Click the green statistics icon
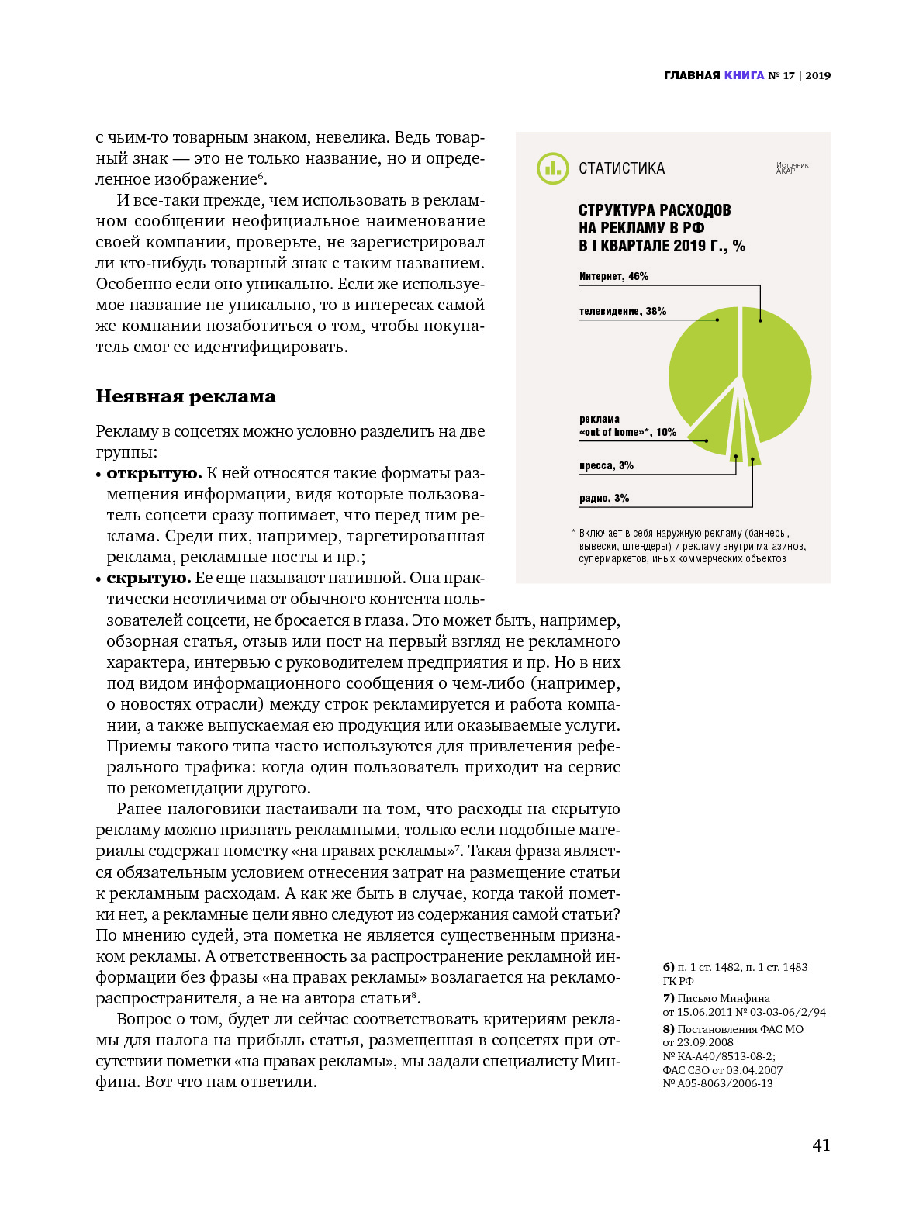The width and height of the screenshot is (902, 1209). [553, 168]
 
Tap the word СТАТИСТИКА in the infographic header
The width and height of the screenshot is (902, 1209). [621, 169]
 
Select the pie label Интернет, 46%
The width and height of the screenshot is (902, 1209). [613, 277]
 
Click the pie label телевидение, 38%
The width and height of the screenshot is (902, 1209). [623, 312]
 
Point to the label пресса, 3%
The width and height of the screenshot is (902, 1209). [607, 466]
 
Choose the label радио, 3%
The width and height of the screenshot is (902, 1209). [604, 499]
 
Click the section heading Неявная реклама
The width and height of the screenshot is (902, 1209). [186, 397]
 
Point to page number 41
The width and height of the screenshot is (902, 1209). [821, 1145]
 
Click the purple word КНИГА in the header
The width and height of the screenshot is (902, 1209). [745, 76]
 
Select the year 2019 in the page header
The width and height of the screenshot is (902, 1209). [817, 76]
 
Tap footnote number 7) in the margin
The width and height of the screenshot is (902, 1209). [669, 999]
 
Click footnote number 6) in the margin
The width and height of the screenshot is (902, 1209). [669, 968]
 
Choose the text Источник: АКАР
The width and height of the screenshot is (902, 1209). [793, 168]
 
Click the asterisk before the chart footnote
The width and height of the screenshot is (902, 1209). [573, 533]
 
